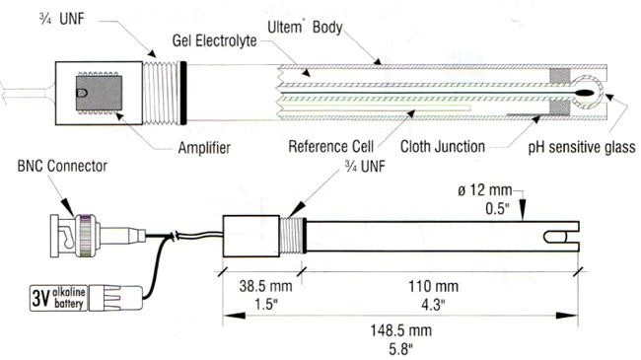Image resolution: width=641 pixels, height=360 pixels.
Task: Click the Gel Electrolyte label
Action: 215,40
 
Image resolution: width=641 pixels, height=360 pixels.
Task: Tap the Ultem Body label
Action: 305,28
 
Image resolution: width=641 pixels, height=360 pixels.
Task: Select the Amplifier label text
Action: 204,148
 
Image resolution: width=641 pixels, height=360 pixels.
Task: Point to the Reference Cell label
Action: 331,146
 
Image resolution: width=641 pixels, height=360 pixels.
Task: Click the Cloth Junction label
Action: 443,146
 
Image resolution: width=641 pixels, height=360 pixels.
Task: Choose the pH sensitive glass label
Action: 582,147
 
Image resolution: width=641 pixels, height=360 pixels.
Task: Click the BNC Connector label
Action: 62,166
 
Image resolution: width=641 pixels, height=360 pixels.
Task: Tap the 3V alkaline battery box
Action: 58,298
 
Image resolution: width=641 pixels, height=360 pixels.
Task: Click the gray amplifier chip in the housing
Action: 100,93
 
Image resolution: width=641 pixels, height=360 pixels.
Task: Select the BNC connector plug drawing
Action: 98,236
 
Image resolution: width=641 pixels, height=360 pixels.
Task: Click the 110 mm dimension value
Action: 433,286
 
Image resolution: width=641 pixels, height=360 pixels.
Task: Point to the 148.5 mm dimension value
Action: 401,330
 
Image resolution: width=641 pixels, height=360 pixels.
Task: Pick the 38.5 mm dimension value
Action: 266,286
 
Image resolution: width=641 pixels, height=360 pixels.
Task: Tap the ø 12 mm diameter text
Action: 485,190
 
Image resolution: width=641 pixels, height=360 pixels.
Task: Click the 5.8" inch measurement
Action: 400,349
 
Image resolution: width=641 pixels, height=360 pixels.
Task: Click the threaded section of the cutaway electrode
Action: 161,93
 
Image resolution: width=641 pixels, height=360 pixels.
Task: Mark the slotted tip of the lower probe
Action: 561,237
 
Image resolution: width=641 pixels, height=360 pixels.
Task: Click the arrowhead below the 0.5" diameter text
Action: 522,212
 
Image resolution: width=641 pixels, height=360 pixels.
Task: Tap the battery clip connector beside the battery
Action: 115,298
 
